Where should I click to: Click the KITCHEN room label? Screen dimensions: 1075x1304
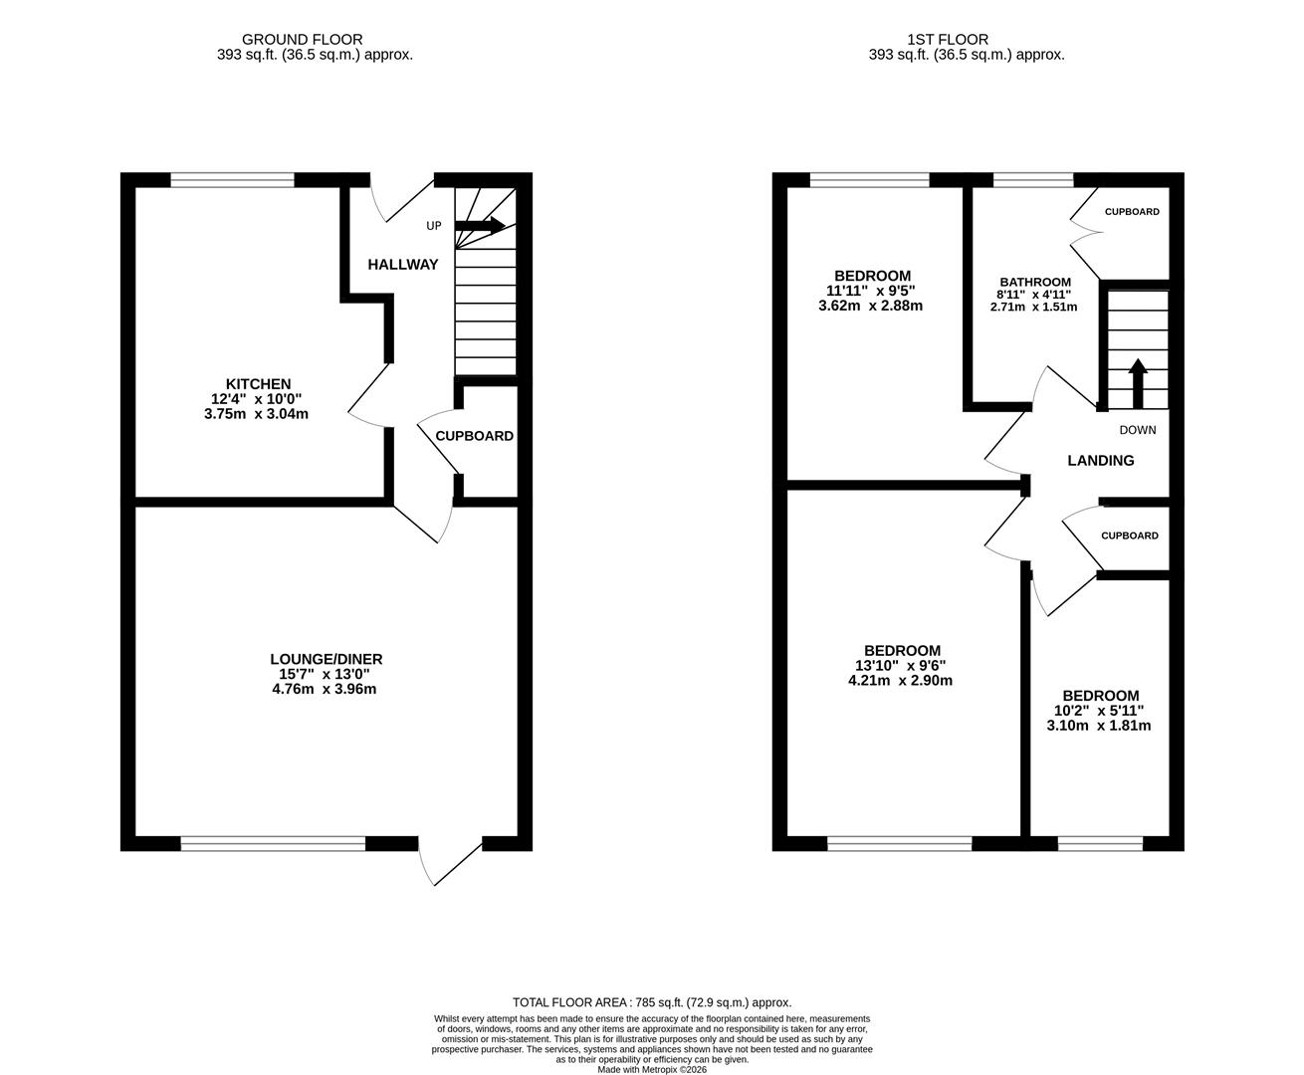point(258,384)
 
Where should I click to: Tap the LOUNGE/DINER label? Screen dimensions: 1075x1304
point(326,659)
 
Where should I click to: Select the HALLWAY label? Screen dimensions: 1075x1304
point(402,265)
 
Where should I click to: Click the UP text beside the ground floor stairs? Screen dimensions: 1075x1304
point(433,226)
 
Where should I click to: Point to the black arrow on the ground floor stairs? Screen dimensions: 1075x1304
point(481,226)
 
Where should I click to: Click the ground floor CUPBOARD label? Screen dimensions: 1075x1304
point(474,436)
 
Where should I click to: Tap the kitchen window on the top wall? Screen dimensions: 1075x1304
point(233,180)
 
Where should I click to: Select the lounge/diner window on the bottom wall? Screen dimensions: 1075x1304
point(273,844)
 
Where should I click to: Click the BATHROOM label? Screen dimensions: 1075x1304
point(1035,283)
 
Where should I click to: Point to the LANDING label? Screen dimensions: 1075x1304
point(1100,461)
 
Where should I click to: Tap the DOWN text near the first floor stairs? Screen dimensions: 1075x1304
point(1137,430)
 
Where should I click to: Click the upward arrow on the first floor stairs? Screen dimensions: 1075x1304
point(1137,382)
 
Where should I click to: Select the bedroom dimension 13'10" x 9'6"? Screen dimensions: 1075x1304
point(901,666)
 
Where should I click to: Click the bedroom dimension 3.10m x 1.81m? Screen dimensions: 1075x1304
point(1099,726)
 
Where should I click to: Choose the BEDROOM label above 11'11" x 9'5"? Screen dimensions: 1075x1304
point(872,276)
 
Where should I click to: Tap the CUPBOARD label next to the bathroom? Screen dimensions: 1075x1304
point(1132,212)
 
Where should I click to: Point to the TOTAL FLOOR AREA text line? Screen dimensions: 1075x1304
point(651,1002)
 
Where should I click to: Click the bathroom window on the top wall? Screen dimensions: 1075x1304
point(1033,180)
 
